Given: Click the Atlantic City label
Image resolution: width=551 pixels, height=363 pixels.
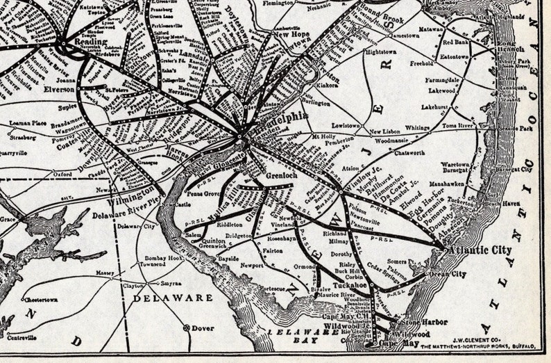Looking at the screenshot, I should [480, 250].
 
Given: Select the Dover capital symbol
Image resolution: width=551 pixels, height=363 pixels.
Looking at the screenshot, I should [186, 328].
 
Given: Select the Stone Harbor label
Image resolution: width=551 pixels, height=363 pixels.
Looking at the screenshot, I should [423, 323].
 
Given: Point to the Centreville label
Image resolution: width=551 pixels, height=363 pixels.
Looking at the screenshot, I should [22, 337].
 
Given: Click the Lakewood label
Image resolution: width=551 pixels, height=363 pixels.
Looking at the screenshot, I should [442, 90].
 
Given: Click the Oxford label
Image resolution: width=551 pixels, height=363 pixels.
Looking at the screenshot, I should [62, 175].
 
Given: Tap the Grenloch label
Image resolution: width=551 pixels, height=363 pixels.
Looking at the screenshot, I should [281, 176].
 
